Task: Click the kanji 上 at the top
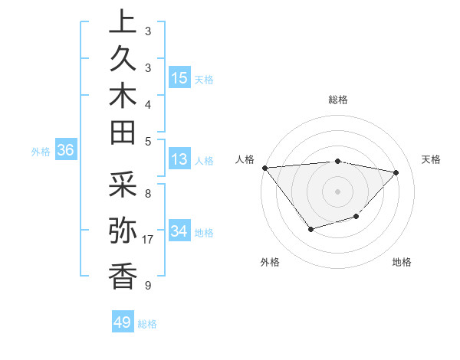point(123,23)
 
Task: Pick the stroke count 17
point(149,240)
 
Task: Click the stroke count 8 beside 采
point(147,194)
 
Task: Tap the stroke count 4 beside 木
point(147,104)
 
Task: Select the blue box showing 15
point(179,77)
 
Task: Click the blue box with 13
point(179,160)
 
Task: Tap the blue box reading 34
point(179,231)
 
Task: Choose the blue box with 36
point(66,151)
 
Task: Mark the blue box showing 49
point(122,322)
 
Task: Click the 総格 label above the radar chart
point(338,100)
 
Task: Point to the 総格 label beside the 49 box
point(148,324)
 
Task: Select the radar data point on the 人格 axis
point(265,168)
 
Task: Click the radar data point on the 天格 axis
point(396,172)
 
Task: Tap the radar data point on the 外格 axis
point(310,229)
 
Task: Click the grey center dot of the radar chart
point(338,191)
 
